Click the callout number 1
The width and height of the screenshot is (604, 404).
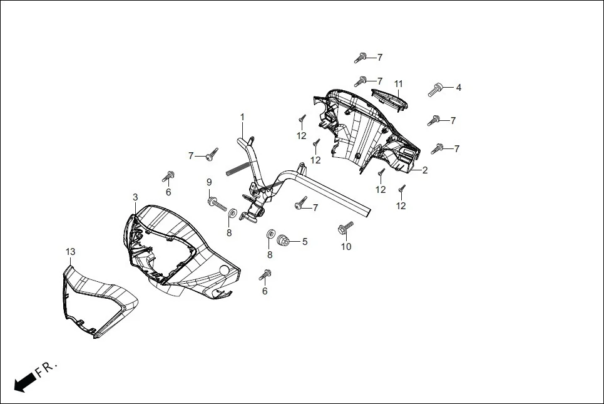tap(242, 117)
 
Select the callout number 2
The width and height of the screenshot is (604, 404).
tap(424, 170)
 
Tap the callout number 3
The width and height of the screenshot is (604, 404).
tap(135, 197)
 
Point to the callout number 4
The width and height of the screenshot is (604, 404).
tap(458, 88)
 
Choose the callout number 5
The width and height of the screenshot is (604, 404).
tap(305, 241)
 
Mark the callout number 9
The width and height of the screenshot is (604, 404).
tap(210, 182)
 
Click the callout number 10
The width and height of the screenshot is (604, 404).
tap(346, 246)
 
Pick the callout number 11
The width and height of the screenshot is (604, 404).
tap(398, 84)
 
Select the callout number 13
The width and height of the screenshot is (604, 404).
tap(70, 252)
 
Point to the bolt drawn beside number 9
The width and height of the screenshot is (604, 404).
tap(216, 203)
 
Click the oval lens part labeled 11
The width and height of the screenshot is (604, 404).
tap(389, 98)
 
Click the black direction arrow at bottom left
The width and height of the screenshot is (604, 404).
tap(24, 381)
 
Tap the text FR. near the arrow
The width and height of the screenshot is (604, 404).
tap(46, 369)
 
